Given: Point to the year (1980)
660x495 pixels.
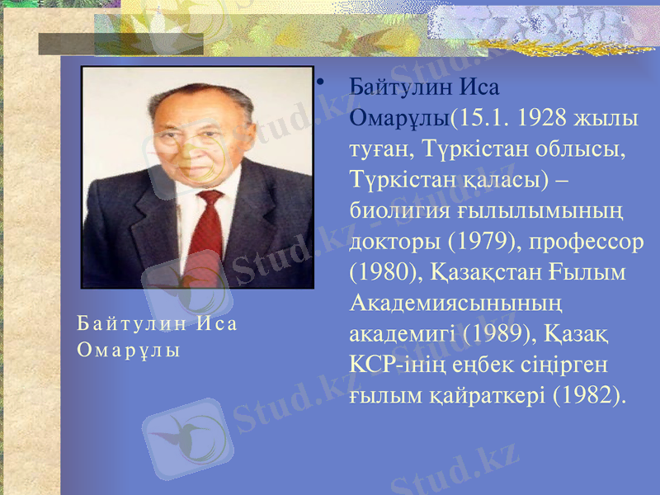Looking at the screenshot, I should (x=379, y=271).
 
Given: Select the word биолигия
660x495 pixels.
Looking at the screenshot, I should (x=398, y=210).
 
